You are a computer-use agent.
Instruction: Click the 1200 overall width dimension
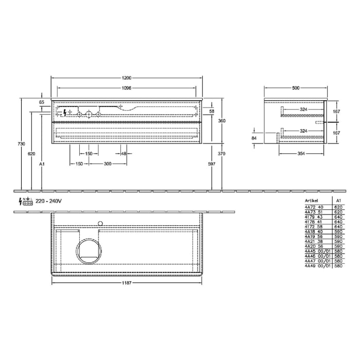point(127,78)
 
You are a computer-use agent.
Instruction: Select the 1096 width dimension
point(127,88)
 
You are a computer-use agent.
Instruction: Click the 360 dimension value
point(222,120)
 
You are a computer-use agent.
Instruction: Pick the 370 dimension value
point(222,154)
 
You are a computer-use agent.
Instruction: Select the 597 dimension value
point(212,164)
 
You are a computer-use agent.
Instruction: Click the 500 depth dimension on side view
point(295,88)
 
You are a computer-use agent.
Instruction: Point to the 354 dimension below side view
point(301,154)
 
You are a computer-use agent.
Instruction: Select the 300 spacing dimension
point(108,164)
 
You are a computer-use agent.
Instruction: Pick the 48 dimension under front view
point(123,154)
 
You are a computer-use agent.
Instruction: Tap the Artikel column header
point(312,201)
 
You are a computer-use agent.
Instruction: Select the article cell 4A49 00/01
point(315,266)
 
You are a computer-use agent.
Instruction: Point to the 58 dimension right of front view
point(211,111)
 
